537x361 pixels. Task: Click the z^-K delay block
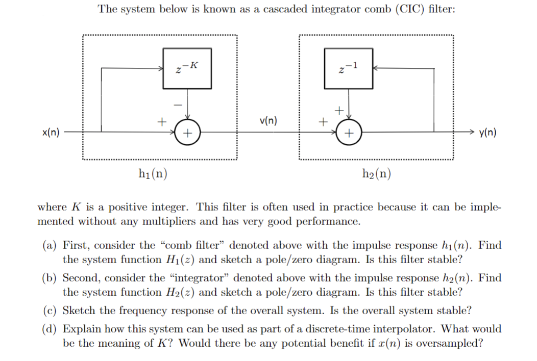coord(187,68)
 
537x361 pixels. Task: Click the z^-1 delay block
coord(348,68)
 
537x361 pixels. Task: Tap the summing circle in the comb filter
coord(187,134)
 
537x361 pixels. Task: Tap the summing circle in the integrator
coord(348,134)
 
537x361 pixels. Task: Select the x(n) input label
coord(51,133)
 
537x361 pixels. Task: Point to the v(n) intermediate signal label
coord(268,121)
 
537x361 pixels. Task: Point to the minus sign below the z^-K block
coord(178,104)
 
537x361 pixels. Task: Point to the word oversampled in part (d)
coord(451,343)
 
